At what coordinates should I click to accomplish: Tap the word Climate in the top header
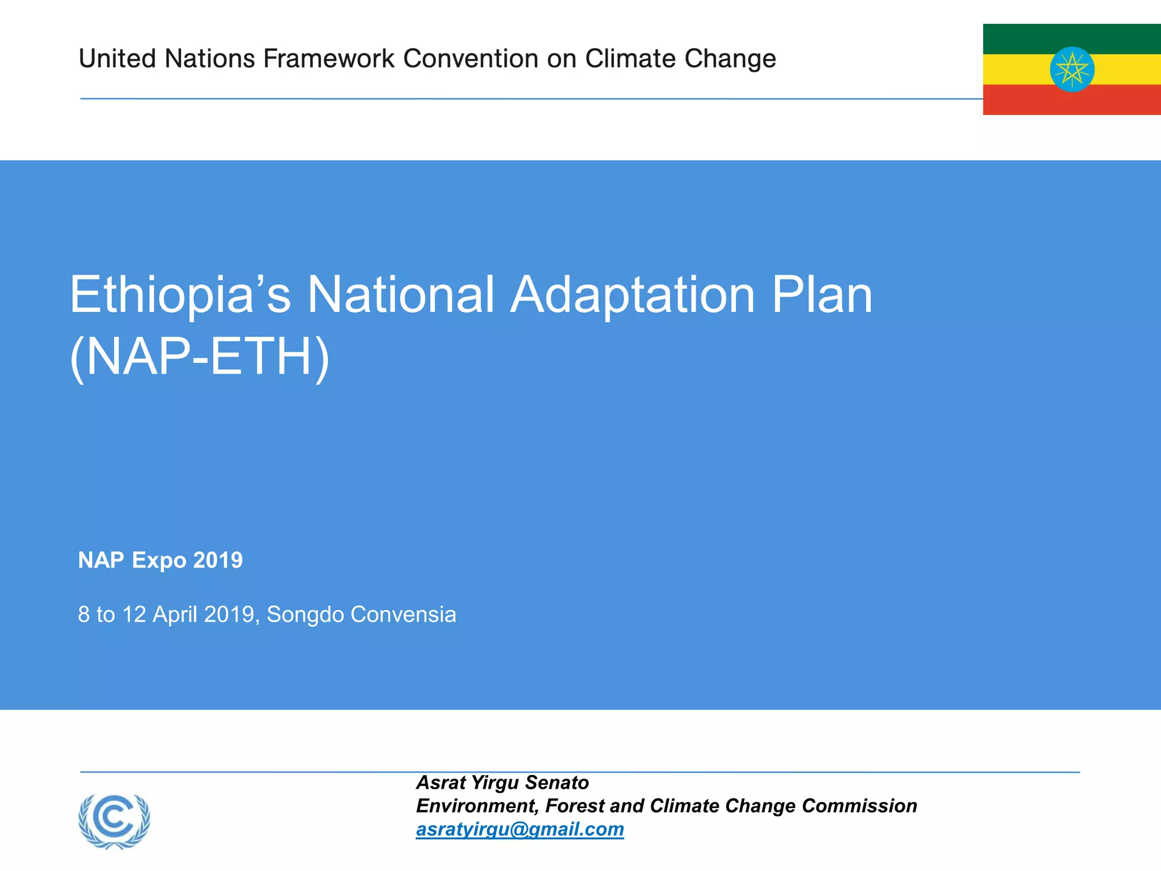point(629,59)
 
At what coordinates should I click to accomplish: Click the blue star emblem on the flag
point(1071,70)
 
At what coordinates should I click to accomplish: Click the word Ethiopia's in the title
point(180,295)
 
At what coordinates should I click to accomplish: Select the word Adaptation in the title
point(633,295)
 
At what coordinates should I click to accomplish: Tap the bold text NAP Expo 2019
point(160,560)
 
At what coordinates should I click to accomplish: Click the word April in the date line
point(175,615)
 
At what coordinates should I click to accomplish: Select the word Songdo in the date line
point(305,615)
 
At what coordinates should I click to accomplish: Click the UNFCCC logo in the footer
point(115,821)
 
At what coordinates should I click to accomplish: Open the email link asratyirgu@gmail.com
point(520,829)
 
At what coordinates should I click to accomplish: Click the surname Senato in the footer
point(557,783)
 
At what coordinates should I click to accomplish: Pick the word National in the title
point(401,295)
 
